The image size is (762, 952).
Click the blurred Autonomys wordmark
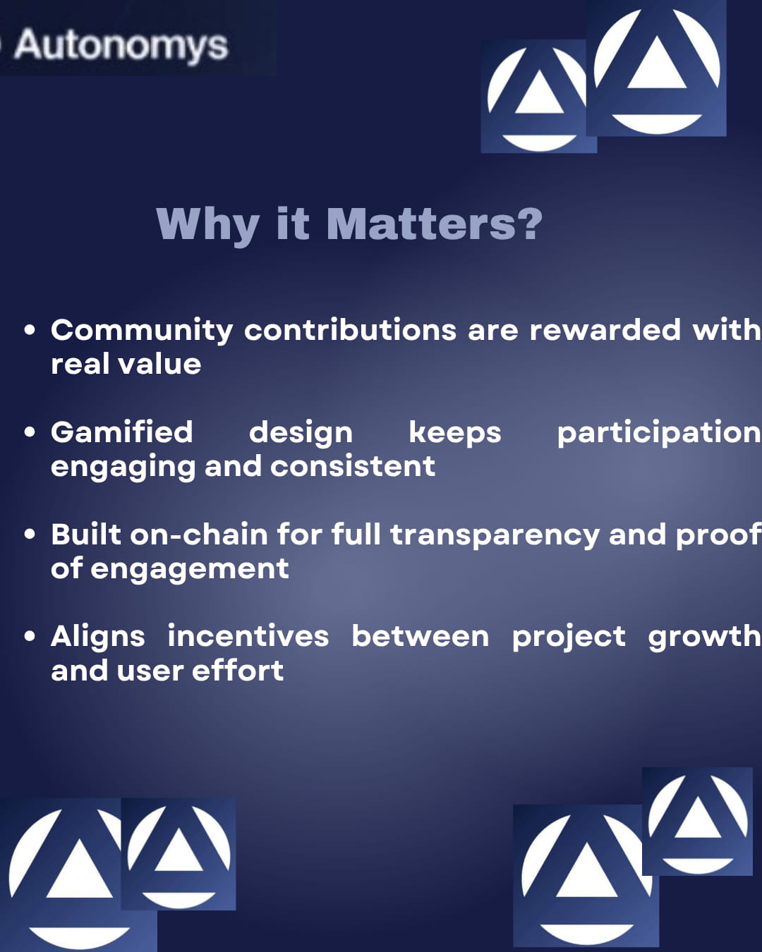click(121, 45)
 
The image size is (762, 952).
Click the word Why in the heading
click(207, 226)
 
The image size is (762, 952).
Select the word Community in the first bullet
click(142, 331)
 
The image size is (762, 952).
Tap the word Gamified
click(122, 432)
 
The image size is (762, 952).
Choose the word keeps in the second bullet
click(454, 434)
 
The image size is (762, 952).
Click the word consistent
click(353, 466)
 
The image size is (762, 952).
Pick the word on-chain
click(199, 535)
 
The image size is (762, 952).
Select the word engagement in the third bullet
click(190, 570)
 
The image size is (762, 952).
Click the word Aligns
click(98, 637)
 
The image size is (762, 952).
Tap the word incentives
click(248, 636)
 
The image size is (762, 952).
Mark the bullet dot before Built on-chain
click(30, 535)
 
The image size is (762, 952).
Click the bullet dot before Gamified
click(30, 432)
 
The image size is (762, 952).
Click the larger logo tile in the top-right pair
click(656, 68)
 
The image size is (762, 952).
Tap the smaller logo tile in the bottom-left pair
click(179, 854)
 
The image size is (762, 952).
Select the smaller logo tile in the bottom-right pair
click(697, 822)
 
